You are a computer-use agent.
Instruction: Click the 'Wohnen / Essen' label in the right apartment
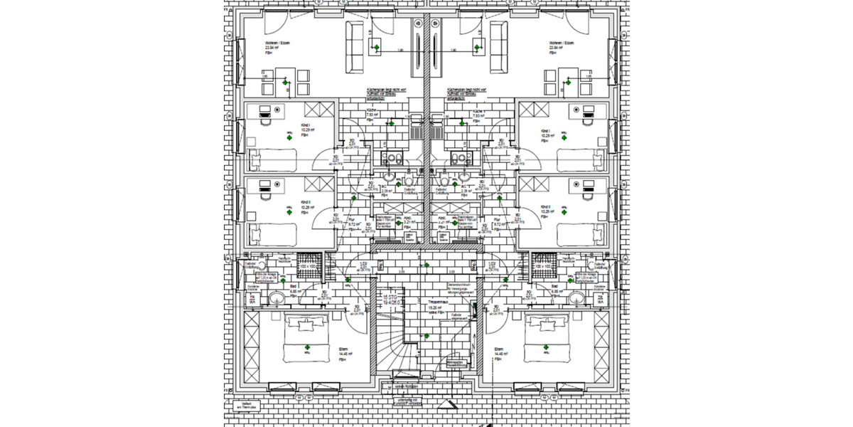tap(560, 43)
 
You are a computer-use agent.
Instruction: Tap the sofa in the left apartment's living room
tap(353, 47)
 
